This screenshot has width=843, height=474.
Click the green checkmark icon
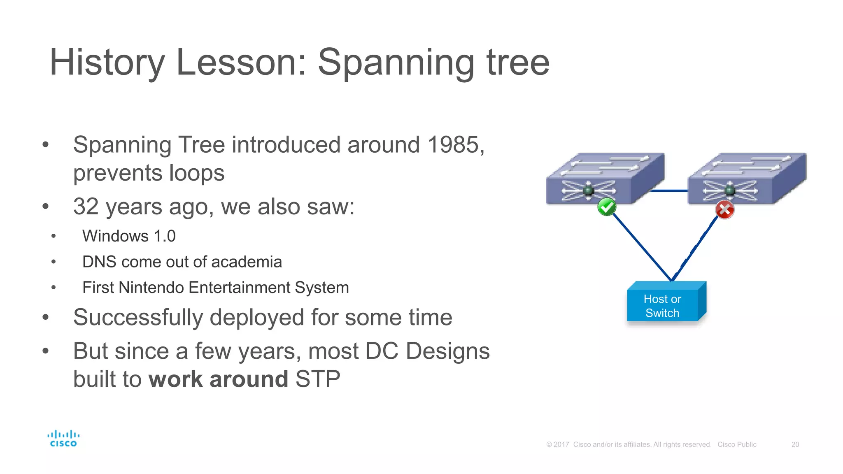pos(607,207)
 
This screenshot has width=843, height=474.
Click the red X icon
pos(724,210)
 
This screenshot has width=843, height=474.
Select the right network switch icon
pos(746,179)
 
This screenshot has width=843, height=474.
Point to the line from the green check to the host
pos(642,247)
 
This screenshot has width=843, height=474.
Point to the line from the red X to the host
pos(696,247)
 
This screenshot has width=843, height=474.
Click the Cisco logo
pos(63,439)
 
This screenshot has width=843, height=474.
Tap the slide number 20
pos(795,444)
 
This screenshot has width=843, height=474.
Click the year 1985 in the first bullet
pos(453,145)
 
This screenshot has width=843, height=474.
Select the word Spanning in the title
pos(396,63)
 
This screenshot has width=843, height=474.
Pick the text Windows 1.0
pos(129,236)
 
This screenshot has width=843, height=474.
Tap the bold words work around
pos(218,379)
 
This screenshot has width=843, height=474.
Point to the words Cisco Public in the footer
pos(737,444)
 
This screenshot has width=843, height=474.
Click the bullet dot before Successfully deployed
pos(45,317)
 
